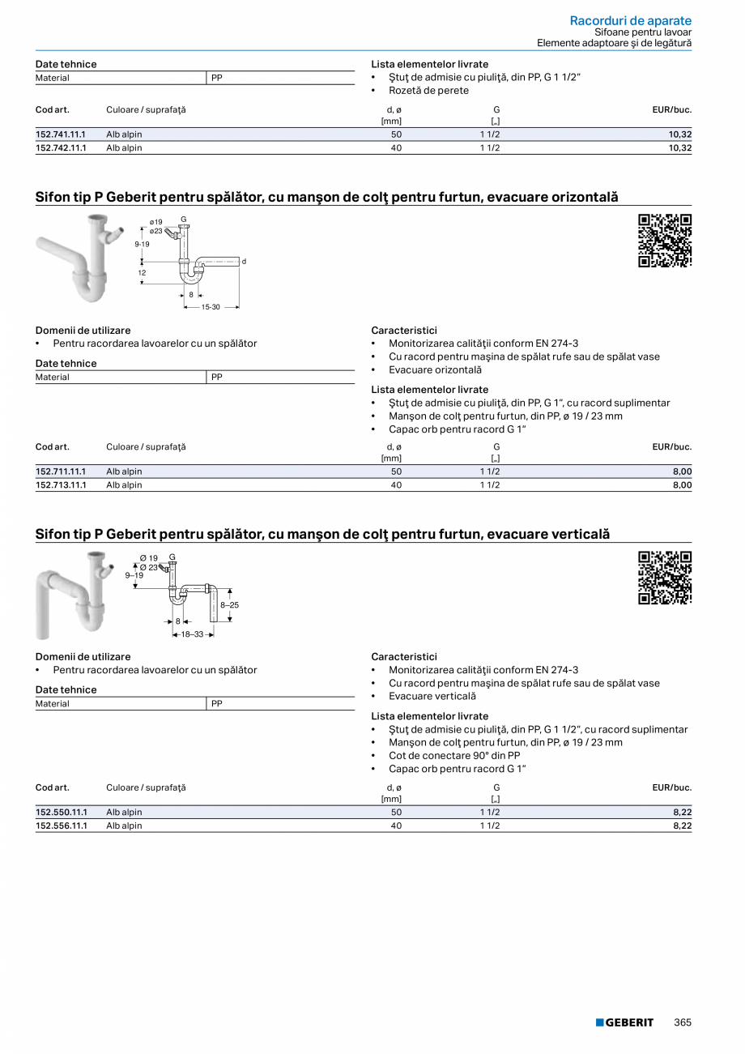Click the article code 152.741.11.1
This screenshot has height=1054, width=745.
(61, 134)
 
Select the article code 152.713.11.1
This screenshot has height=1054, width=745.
(61, 485)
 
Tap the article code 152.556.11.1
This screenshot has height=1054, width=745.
(61, 826)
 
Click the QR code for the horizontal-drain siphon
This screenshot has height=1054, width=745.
(665, 241)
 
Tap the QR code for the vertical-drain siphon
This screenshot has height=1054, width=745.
(665, 578)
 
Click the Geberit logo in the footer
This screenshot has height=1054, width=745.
(624, 1022)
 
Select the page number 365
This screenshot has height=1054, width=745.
(683, 1022)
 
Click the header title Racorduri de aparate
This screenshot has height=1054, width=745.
(630, 20)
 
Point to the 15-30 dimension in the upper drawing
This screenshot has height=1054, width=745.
(211, 307)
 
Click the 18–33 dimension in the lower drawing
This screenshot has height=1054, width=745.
(192, 634)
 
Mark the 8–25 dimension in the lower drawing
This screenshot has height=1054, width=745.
(229, 605)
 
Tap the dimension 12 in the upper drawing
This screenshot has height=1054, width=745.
(142, 273)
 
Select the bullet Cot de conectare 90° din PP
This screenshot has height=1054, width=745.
(454, 756)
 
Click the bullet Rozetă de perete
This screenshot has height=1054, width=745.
(428, 91)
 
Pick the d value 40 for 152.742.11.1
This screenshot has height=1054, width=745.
(396, 148)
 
